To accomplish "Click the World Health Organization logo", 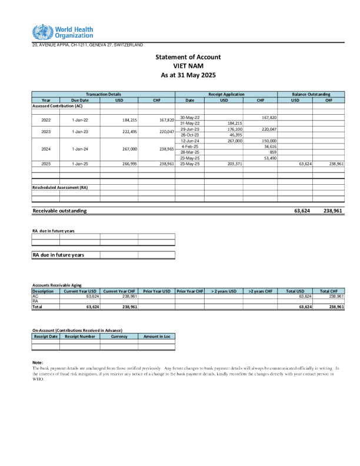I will [x=62, y=32].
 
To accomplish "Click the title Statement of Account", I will [x=188, y=57].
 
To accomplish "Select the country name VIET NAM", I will [x=188, y=66].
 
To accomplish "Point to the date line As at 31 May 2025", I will [x=188, y=75].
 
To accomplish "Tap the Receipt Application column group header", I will [x=226, y=94].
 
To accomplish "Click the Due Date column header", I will [x=79, y=100].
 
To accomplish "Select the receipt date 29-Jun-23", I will [x=190, y=129].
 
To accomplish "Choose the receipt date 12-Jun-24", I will [x=190, y=141].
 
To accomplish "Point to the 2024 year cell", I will [x=46, y=149].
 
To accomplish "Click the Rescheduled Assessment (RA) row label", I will [x=59, y=187].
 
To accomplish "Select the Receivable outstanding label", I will [x=59, y=210].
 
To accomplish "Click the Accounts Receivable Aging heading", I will [x=56, y=285].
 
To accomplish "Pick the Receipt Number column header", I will [x=79, y=337].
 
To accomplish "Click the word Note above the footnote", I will [x=38, y=362].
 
